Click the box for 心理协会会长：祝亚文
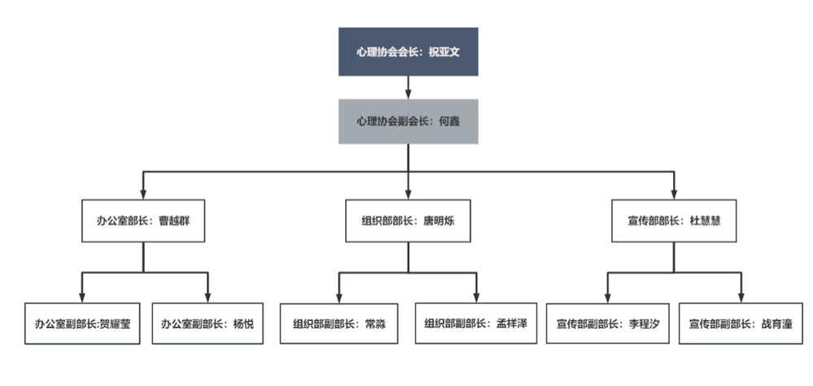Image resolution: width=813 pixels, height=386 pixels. (x=408, y=51)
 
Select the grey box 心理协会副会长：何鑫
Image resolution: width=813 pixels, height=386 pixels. (x=408, y=121)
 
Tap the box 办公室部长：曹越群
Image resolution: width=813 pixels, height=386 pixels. (x=142, y=220)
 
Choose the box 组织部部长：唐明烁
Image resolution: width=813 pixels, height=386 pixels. (x=408, y=220)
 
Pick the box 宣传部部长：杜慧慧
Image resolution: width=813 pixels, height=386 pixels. (x=673, y=220)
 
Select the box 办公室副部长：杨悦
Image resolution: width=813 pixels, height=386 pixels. (x=208, y=323)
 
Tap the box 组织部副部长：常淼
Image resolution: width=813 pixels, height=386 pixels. (x=339, y=323)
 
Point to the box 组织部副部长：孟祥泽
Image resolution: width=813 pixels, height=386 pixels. (x=476, y=323)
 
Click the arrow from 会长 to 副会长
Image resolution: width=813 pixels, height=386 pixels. (x=408, y=88)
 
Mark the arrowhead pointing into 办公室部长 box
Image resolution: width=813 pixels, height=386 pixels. (x=143, y=194)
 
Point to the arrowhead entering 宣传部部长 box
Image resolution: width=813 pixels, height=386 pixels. (x=673, y=194)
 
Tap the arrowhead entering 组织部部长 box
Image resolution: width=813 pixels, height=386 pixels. (x=408, y=194)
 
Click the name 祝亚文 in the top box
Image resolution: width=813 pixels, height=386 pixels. (x=445, y=51)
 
